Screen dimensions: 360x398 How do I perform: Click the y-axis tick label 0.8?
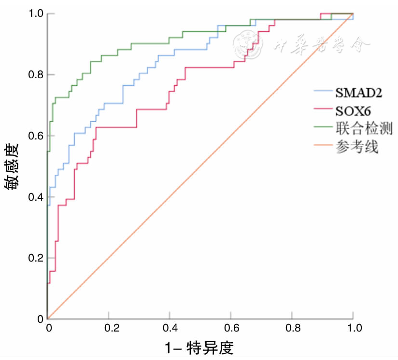(33, 75)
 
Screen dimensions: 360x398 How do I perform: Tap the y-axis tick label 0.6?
(33, 136)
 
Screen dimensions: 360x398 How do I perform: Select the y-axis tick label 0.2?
(33, 258)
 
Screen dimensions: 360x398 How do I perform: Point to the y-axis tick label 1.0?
(33, 14)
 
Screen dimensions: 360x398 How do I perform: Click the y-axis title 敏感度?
(13, 166)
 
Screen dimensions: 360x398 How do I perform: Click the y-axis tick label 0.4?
(33, 197)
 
